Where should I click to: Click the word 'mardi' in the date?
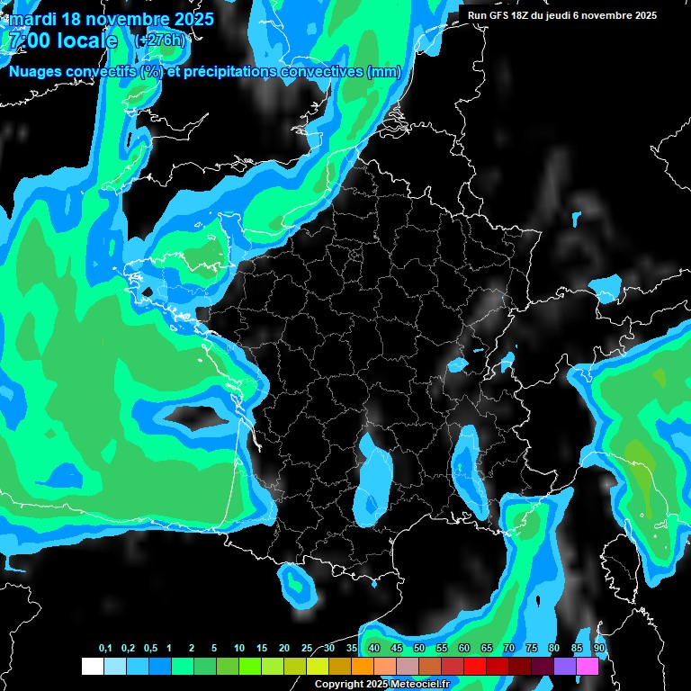pyautogui.click(x=32, y=20)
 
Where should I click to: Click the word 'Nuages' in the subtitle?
pyautogui.click(x=37, y=73)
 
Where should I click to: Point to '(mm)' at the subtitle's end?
pyautogui.click(x=384, y=73)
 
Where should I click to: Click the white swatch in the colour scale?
pyautogui.click(x=92, y=667)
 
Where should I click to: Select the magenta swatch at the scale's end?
pyautogui.click(x=588, y=667)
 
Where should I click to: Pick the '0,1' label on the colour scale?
pyautogui.click(x=105, y=649)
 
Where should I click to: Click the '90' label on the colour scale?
pyautogui.click(x=598, y=649)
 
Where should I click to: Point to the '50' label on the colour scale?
pyautogui.click(x=419, y=649)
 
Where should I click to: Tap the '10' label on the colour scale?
pyautogui.click(x=239, y=649)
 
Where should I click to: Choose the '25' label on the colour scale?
pyautogui.click(x=307, y=649)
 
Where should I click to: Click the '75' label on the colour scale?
pyautogui.click(x=532, y=649)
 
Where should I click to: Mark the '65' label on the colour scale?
pyautogui.click(x=487, y=649)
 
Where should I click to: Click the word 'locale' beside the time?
pyautogui.click(x=86, y=41)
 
